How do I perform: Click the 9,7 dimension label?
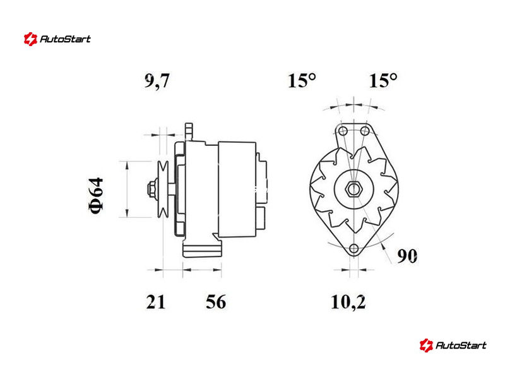pos(157,81)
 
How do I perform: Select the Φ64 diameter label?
pos(96,195)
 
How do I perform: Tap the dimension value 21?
pos(155,302)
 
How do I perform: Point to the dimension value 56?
pos(216,302)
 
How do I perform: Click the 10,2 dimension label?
pos(348,303)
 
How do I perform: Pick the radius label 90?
pos(407,256)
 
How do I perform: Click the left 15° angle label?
pos(302,80)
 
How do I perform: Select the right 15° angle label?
pos(383,80)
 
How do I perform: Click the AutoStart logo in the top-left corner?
pos(57,39)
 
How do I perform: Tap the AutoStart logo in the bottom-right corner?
pos(453,345)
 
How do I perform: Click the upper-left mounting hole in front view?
pos(343,131)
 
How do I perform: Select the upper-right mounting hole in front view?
pos(365,131)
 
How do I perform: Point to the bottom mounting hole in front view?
pos(354,248)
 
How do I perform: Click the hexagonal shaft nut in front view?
pos(353,189)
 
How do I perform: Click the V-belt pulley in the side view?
pos(163,189)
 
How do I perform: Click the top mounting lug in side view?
pos(189,132)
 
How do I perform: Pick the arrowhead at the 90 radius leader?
pos(383,246)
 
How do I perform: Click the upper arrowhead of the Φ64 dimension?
pos(128,165)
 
